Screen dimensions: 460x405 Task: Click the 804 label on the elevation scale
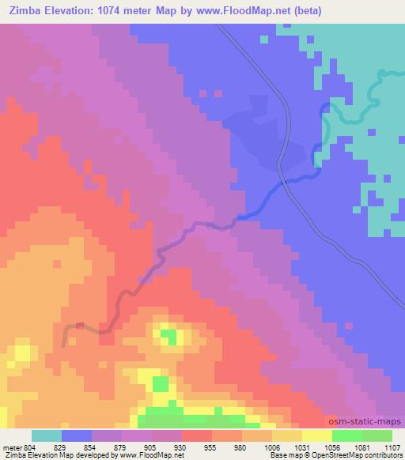30,448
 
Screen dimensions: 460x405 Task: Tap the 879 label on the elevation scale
121,448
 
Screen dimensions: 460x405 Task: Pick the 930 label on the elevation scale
181,448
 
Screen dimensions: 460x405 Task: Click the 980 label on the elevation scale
241,448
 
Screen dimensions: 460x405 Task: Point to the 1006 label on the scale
271,448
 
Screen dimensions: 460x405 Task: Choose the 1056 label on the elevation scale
331,448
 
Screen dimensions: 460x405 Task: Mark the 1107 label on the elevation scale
391,448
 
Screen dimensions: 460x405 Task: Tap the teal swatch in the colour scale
47,436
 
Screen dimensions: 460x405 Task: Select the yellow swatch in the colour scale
316,436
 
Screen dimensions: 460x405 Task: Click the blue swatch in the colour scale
77,436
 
